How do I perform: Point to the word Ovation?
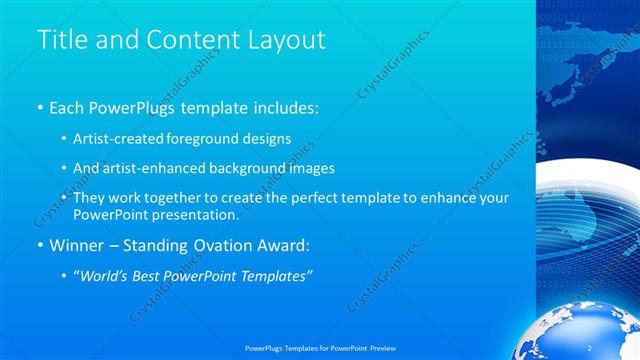pyautogui.click(x=223, y=245)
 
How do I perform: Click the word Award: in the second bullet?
pyautogui.click(x=286, y=245)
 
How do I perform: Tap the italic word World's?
pyautogui.click(x=105, y=275)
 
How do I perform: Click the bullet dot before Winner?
pyautogui.click(x=39, y=245)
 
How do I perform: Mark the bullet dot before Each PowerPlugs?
pyautogui.click(x=39, y=106)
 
